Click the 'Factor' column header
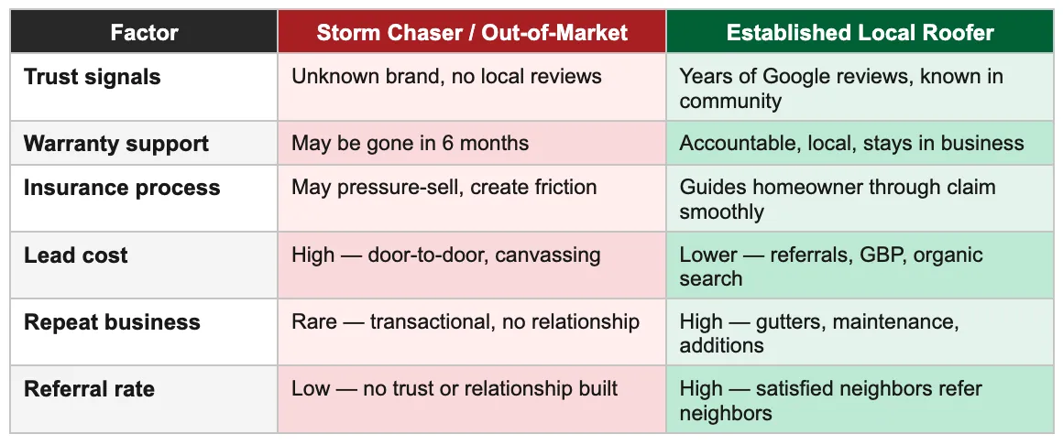143,33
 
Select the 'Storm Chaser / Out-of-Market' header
472,33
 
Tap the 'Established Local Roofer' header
860,33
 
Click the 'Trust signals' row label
92,77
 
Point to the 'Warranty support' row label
116,144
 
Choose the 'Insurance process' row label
122,188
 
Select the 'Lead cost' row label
76,255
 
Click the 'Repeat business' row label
112,322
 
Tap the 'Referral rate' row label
89,389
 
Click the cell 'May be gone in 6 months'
410,144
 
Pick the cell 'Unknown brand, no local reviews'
446,76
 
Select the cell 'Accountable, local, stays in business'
851,144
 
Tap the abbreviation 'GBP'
880,255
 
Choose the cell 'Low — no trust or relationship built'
455,389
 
